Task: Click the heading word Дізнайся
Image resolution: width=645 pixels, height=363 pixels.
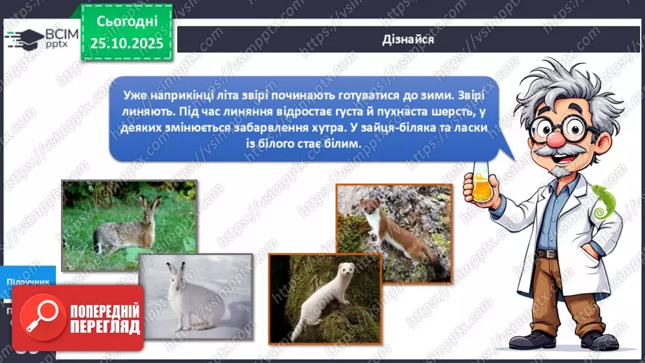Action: (408, 39)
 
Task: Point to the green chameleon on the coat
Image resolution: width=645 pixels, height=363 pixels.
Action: (601, 200)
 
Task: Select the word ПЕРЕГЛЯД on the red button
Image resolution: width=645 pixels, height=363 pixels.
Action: (104, 327)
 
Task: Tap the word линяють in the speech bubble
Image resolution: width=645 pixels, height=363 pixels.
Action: (149, 111)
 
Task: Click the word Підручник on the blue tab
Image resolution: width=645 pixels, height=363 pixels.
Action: (28, 282)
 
